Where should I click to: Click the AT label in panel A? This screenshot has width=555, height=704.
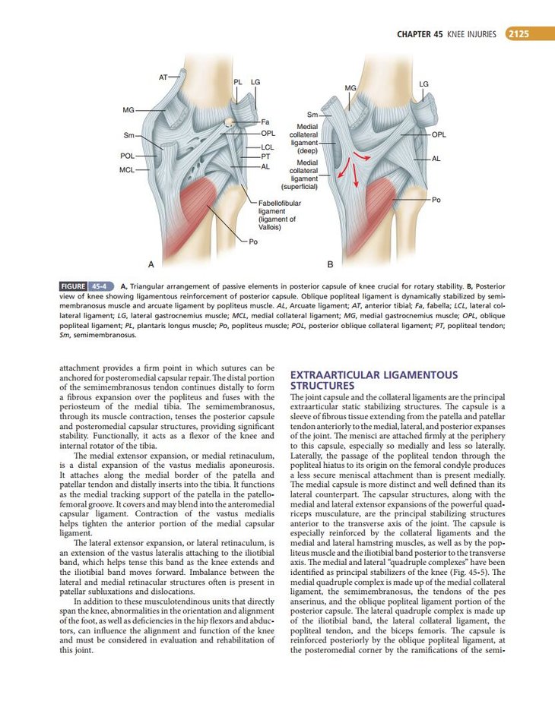[x=163, y=77]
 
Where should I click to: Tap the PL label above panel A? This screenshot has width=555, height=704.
[x=238, y=81]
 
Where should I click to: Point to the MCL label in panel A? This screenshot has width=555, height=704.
[x=127, y=169]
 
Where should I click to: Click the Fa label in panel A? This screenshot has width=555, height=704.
[x=265, y=122]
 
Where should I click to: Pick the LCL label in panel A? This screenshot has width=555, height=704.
[x=267, y=147]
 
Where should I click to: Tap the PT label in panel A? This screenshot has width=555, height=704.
[x=266, y=156]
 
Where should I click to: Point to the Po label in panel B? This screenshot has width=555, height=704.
[x=436, y=199]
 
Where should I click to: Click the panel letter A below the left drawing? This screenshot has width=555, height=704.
[x=151, y=264]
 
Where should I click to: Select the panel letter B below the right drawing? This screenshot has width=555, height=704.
[x=330, y=264]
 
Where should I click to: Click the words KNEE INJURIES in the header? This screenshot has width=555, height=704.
[x=472, y=34]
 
